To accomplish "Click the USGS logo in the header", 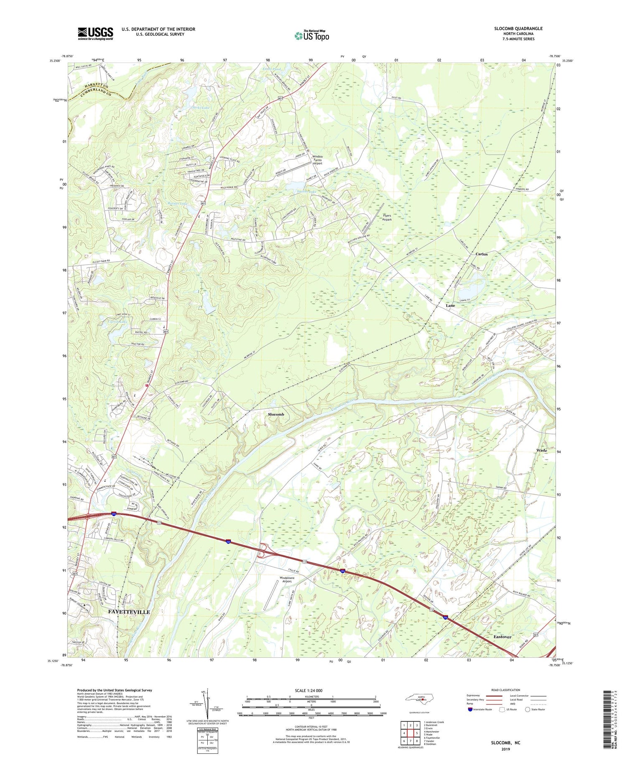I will (95, 33).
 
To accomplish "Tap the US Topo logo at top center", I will (311, 36).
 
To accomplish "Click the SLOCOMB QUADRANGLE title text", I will (518, 28).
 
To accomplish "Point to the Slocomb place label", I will (276, 414).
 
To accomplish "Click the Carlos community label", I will (482, 254).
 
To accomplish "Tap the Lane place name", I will (450, 306).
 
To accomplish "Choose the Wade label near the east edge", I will (541, 451).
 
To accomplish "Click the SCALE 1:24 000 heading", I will (311, 691).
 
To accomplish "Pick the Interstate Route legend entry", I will (481, 710).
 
